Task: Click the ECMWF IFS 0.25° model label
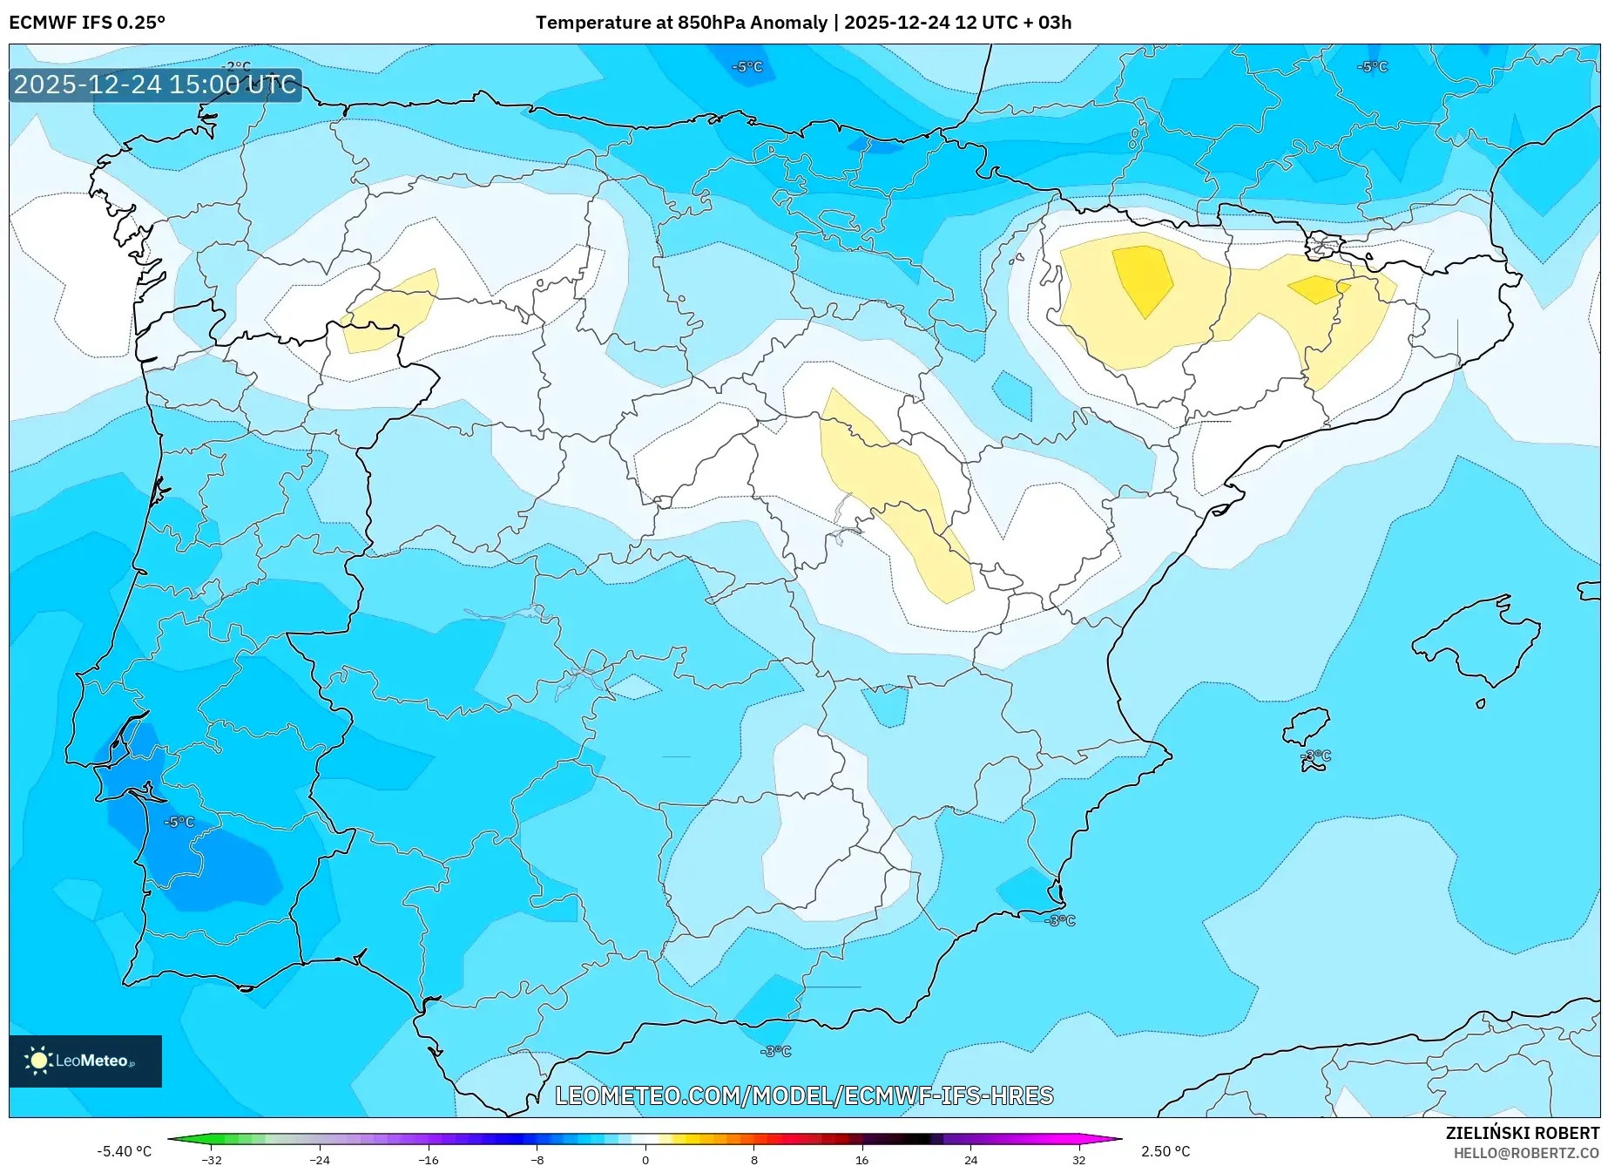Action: click(x=86, y=23)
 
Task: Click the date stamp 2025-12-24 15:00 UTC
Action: click(x=155, y=85)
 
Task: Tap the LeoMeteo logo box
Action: click(x=85, y=1061)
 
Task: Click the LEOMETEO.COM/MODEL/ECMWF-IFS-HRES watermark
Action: click(x=804, y=1095)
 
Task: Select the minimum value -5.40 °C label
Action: click(x=124, y=1151)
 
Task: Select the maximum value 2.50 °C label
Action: click(x=1165, y=1151)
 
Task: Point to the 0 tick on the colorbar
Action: click(x=645, y=1159)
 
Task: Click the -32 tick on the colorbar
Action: click(x=212, y=1159)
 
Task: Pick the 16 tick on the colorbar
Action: click(x=861, y=1159)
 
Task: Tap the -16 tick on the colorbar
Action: click(x=429, y=1159)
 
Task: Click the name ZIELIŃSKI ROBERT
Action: click(x=1523, y=1134)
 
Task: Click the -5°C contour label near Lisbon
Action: click(x=179, y=822)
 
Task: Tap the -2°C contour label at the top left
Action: click(x=236, y=67)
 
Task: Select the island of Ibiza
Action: click(x=1307, y=726)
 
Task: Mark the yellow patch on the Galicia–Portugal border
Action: click(x=390, y=312)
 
